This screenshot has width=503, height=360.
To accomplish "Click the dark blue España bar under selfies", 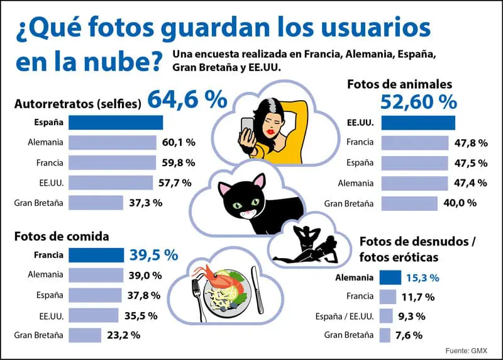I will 115,122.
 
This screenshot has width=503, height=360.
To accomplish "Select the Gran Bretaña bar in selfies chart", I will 96,203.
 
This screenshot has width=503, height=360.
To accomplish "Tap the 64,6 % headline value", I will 187,99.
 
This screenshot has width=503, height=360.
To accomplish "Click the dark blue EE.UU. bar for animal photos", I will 418,122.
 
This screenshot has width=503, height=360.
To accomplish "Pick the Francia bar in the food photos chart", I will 96,255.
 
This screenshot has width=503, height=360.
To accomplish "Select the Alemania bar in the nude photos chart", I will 390,277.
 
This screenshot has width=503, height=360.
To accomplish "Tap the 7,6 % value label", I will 409,335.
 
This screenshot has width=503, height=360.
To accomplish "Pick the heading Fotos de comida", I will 62,237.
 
